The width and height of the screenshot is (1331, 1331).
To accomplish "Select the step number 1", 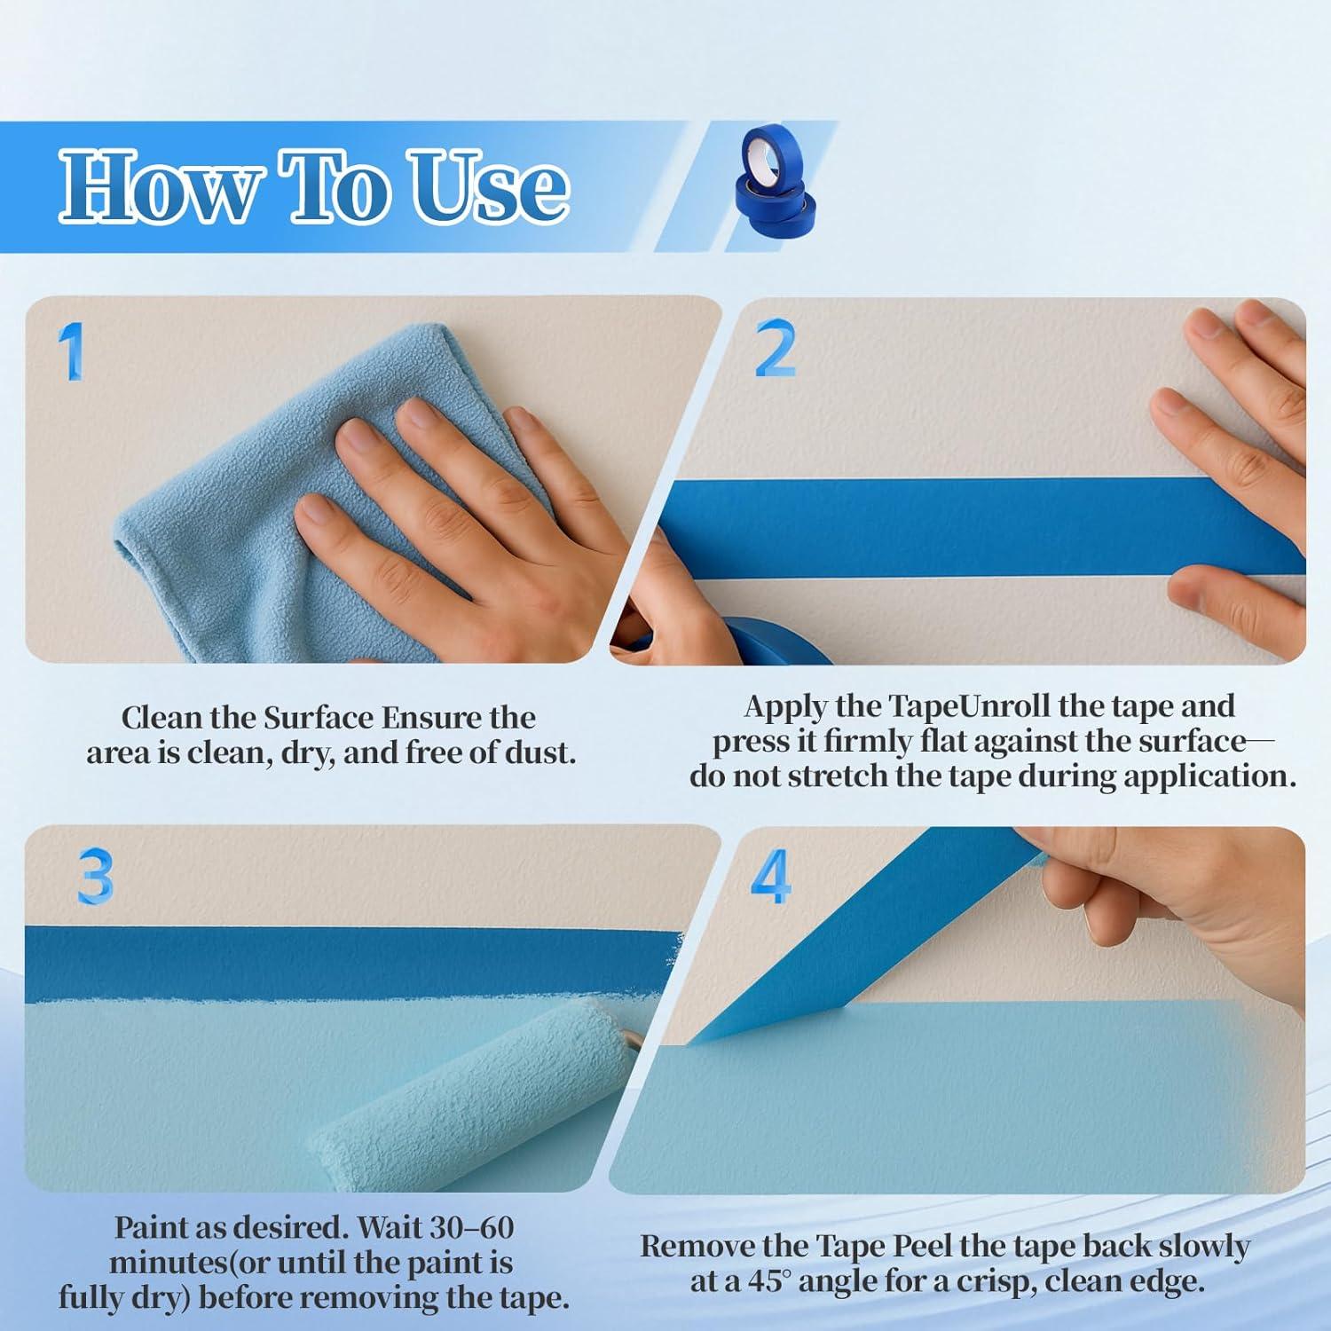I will pyautogui.click(x=71, y=351).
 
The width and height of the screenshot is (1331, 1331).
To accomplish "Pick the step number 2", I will pyautogui.click(x=775, y=349).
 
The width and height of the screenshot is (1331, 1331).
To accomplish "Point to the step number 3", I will pyautogui.click(x=95, y=877).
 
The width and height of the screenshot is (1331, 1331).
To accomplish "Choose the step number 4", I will pyautogui.click(x=770, y=877).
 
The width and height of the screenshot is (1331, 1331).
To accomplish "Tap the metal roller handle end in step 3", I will pyautogui.click(x=633, y=1037).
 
